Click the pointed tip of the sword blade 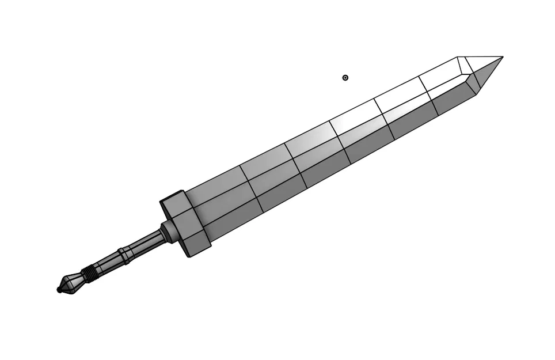(x=502, y=57)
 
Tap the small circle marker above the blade (x=345, y=78)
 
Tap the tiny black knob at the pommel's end (x=59, y=290)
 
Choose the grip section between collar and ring (x=144, y=244)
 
